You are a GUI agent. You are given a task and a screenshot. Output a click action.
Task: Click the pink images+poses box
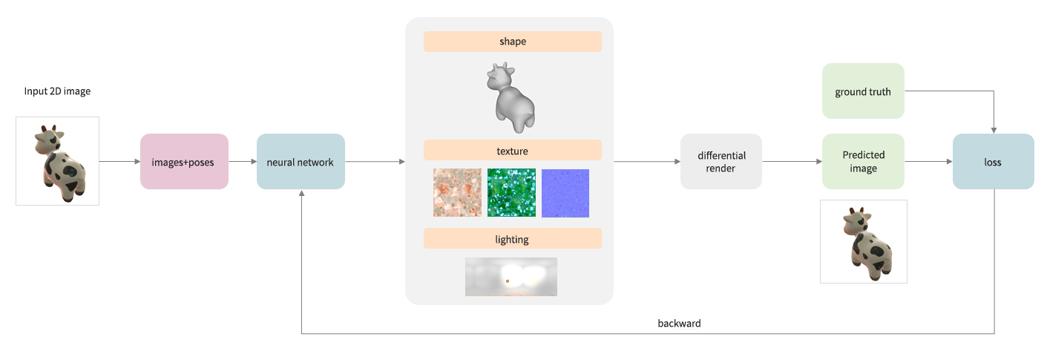(184, 161)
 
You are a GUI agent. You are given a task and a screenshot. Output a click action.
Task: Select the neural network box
(301, 161)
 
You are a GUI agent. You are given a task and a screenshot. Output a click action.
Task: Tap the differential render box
(721, 161)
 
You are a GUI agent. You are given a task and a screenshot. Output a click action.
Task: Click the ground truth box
(863, 91)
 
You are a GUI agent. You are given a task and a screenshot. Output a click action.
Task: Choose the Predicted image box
(863, 161)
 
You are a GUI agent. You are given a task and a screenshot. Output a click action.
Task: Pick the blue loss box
(994, 161)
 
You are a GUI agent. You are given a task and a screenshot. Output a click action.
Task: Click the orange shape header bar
(512, 42)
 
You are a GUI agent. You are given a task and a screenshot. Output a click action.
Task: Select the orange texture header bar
(512, 150)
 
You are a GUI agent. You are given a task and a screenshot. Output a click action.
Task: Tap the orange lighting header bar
(512, 238)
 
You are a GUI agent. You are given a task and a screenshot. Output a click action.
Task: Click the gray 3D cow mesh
(511, 97)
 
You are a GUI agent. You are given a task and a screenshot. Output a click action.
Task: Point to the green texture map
(511, 193)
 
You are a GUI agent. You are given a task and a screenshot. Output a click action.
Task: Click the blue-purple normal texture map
(565, 193)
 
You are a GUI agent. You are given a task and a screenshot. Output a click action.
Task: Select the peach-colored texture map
(457, 193)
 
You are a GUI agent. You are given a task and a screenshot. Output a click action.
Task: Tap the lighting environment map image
(511, 277)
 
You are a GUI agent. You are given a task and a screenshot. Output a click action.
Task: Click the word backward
(679, 323)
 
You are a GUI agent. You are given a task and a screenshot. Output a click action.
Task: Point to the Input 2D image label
(57, 91)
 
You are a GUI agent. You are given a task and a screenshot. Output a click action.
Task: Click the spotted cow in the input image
(60, 163)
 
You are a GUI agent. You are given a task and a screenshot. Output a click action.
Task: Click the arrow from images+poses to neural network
(243, 161)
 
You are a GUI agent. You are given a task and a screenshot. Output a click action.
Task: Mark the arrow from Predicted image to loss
(929, 161)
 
